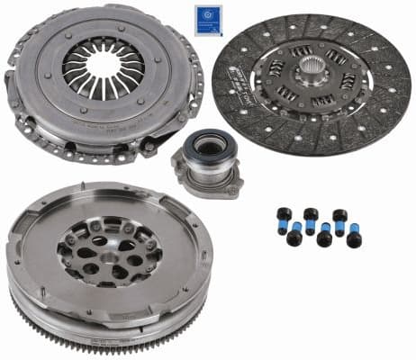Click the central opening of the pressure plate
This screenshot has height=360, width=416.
(101, 67)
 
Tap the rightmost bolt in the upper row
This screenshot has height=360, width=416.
(339, 218)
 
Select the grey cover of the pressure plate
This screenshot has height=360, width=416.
(41, 99)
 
